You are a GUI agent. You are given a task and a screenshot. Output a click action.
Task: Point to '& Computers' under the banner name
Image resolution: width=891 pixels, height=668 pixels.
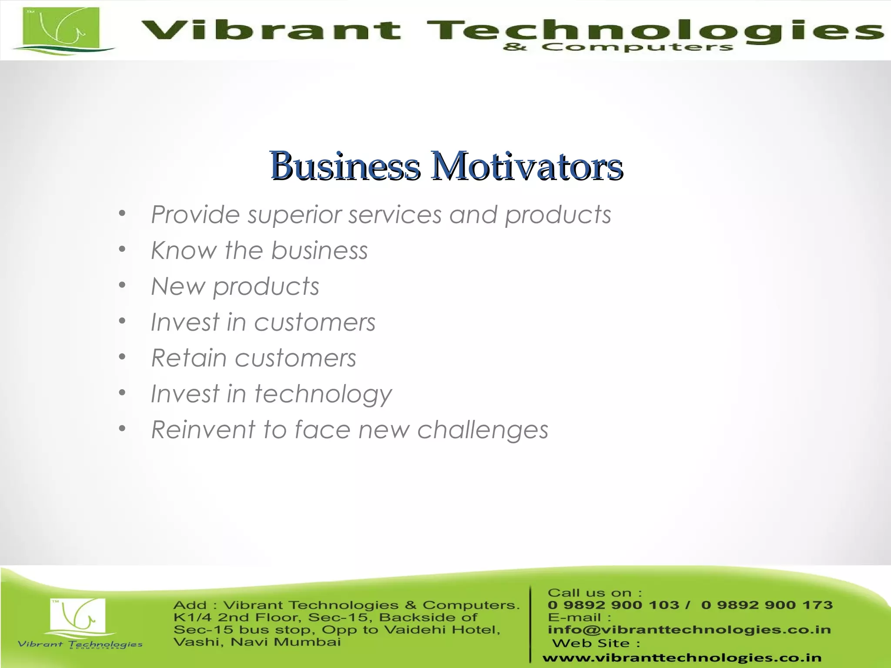pos(618,47)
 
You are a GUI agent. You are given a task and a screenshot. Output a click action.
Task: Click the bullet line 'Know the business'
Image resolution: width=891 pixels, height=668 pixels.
pos(259,250)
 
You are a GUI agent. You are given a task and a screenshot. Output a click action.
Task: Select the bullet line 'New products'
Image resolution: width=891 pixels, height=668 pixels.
pos(235,287)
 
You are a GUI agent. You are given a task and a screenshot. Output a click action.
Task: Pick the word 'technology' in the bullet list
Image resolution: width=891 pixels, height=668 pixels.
pos(323,394)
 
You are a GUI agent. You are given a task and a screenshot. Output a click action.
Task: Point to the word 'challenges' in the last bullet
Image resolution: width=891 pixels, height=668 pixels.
pos(482,430)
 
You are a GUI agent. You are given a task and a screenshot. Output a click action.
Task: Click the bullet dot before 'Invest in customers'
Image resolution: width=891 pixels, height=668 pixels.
pos(122,321)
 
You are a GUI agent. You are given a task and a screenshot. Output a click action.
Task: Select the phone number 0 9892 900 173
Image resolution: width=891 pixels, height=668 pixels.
pos(767,605)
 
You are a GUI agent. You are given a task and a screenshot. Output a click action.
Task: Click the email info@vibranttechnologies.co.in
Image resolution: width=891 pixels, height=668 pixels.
pos(689,629)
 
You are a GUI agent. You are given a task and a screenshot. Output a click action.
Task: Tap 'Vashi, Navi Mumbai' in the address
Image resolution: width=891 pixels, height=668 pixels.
pos(257,642)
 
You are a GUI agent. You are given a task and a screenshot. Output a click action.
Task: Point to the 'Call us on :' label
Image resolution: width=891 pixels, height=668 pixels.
pos(594,593)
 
